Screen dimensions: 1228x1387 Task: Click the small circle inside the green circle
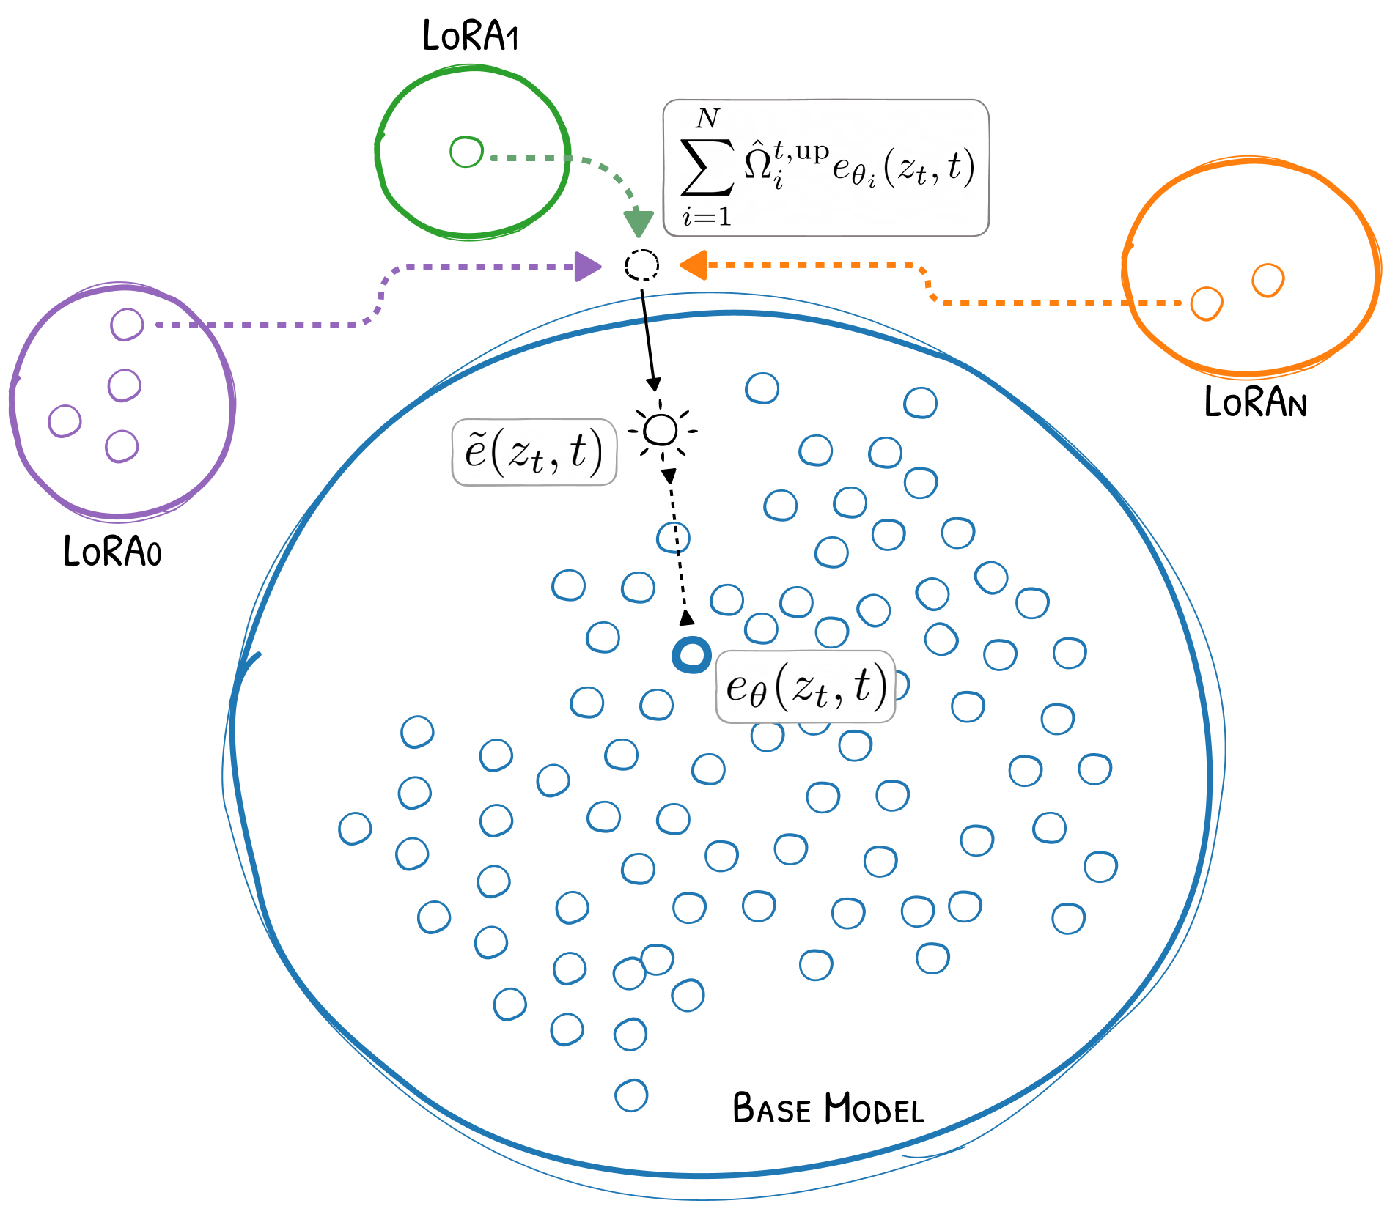coord(466,152)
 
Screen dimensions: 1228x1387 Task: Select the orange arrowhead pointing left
coord(693,265)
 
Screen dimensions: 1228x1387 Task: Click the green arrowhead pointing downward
coord(638,223)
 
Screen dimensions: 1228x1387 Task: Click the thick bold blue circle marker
coord(691,655)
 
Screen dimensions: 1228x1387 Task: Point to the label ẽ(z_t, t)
coord(534,452)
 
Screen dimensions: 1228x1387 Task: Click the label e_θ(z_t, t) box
coord(805,687)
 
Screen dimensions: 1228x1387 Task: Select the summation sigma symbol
coord(707,167)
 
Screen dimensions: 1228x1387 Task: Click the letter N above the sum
coord(708,118)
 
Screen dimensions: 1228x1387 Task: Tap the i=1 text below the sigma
coord(707,217)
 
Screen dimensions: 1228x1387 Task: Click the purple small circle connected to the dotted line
coord(127,324)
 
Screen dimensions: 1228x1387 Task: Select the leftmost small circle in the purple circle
coord(65,421)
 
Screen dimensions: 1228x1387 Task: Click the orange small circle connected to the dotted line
coord(1206,303)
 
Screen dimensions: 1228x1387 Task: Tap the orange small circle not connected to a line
coord(1268,280)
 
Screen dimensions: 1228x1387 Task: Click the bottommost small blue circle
coord(631,1095)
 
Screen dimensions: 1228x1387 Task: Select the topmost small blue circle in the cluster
coord(762,388)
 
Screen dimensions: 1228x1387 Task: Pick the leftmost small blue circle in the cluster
coord(355,828)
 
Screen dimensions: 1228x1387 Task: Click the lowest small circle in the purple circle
coord(122,446)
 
